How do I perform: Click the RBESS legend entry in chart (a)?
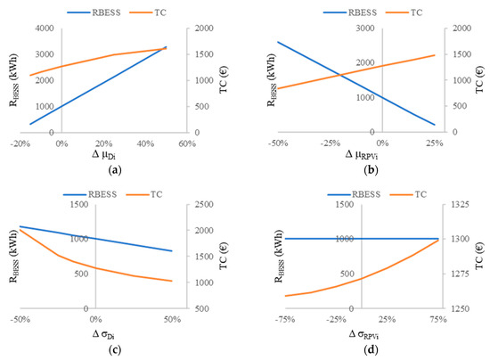tap(94, 12)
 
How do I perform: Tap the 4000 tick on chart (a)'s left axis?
tap(45, 29)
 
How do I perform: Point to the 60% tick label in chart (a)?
tap(187, 143)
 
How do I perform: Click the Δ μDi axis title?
tap(103, 155)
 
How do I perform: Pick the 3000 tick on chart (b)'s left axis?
tap(365, 29)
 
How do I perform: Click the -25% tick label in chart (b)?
tap(331, 143)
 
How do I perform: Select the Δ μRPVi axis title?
tap(362, 155)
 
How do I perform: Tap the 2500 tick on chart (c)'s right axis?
tap(204, 205)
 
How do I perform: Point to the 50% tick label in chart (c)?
tap(173, 320)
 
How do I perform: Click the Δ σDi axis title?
tap(103, 335)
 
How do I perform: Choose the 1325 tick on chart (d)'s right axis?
tap(461, 205)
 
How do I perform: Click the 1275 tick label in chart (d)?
tap(461, 274)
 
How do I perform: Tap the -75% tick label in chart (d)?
tap(285, 320)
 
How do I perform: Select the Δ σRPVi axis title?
tap(363, 335)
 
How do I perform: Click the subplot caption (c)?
tap(115, 350)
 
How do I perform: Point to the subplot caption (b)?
tap(371, 170)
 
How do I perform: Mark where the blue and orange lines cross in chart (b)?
tap(340, 75)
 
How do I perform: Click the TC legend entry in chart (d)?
tap(408, 194)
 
